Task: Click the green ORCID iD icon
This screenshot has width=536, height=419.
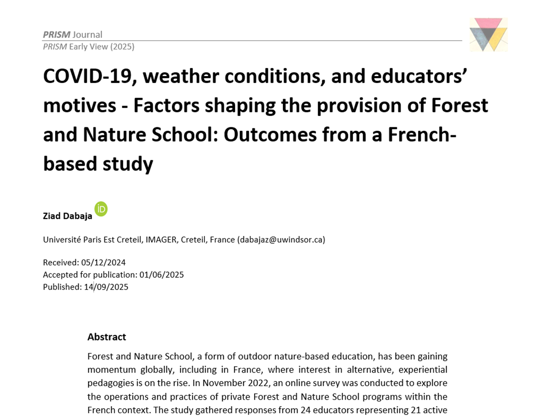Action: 100,209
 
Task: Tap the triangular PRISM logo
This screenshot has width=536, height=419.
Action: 488,35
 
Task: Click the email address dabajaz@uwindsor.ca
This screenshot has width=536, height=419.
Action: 281,240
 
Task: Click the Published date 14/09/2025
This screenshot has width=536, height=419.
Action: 106,287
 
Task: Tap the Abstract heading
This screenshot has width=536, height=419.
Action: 106,337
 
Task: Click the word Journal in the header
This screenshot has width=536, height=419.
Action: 87,35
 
